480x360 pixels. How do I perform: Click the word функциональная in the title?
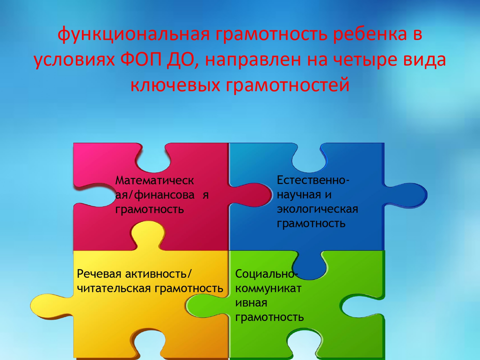tap(134, 34)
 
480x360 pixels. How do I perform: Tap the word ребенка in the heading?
tap(370, 33)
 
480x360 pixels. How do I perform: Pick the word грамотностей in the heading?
tap(287, 85)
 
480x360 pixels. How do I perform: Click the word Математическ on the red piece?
tap(154, 180)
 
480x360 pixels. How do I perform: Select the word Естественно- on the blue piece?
tap(313, 180)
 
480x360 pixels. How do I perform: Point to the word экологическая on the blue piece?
tap(317, 209)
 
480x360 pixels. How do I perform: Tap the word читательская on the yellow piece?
tap(113, 288)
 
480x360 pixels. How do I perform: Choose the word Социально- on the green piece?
tap(265, 273)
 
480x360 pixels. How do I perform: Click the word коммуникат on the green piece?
tap(268, 288)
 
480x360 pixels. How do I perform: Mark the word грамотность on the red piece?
tap(149, 210)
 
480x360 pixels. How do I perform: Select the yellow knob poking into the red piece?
tap(148, 235)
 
